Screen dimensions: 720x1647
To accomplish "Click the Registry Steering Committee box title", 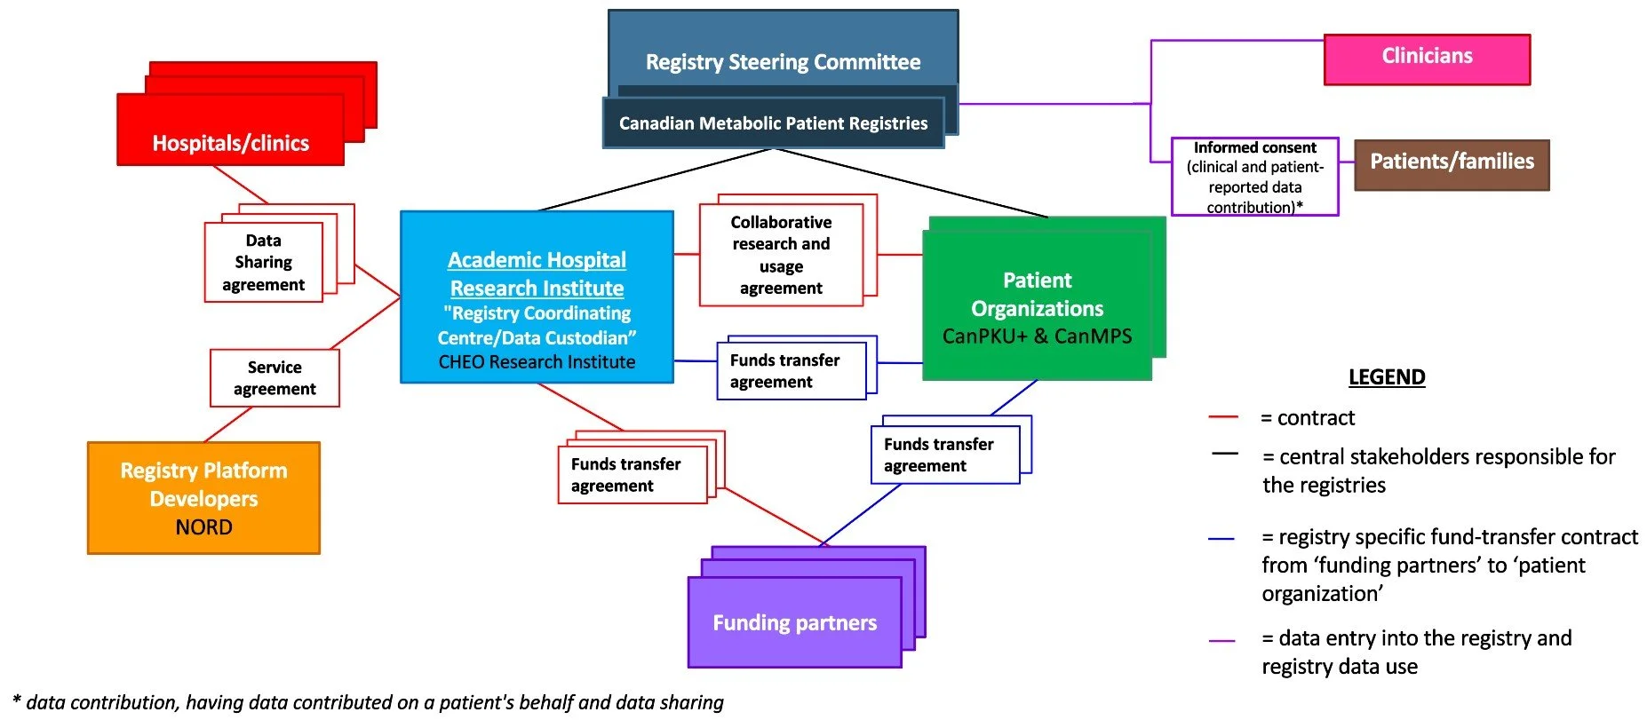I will pos(783,62).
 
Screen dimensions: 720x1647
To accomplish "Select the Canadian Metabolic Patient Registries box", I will pos(773,123).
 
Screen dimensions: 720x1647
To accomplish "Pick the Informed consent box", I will pos(1254,177).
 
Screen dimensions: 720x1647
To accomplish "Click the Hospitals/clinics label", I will pos(230,143).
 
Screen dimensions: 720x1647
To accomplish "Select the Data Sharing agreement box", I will pos(263,262).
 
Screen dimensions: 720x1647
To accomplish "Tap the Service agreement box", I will pos(274,378).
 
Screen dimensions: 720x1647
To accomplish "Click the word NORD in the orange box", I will pos(203,527).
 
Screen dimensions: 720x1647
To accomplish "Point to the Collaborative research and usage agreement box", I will pos(781,255).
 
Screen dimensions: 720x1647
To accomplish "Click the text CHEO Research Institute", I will pos(537,362).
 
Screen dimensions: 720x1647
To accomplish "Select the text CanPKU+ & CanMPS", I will pos(1037,336).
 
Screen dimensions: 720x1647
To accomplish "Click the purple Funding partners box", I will pos(794,622).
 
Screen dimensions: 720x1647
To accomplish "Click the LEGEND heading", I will pos(1386,377).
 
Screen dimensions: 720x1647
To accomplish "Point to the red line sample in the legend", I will pos(1223,416).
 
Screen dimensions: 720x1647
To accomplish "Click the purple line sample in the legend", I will pos(1221,640).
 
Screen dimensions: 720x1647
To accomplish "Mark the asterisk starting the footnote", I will pos(17,700).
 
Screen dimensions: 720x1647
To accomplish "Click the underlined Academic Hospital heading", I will pos(537,260).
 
